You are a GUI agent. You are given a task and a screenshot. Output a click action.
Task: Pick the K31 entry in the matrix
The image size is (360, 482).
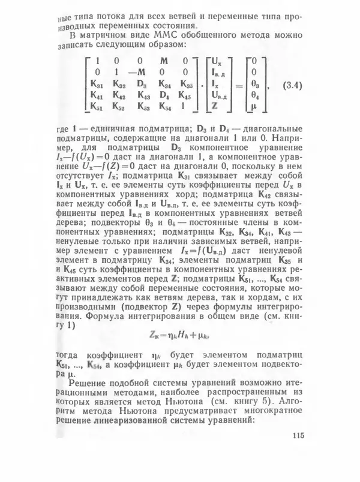point(97,83)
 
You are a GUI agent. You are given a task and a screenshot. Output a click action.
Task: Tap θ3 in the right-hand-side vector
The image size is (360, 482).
point(254,83)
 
